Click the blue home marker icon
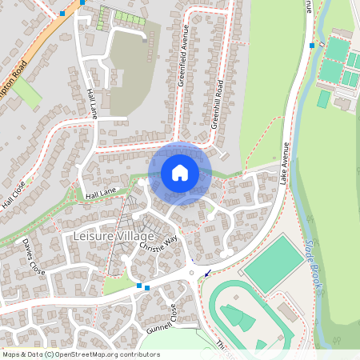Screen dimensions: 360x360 (x=180, y=173)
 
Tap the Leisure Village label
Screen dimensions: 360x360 (x=113, y=237)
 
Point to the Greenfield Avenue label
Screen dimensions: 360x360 (x=182, y=72)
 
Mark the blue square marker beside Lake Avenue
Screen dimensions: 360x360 (x=312, y=46)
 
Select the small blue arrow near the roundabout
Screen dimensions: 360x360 (x=208, y=274)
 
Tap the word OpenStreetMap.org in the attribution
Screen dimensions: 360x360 (x=92, y=354)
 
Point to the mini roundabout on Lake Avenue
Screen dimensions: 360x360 (x=192, y=274)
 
